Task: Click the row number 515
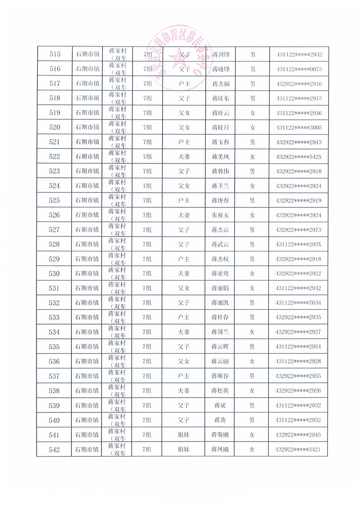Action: pos(54,54)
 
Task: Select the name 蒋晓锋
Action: pos(221,69)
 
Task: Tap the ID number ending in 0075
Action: pos(298,69)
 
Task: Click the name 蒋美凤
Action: pos(221,157)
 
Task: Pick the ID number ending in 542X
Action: pos(298,157)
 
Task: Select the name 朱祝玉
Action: pos(221,215)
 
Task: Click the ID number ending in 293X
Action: pos(298,245)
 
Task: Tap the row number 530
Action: pos(54,274)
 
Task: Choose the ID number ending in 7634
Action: pos(298,303)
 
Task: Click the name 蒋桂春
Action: pos(221,318)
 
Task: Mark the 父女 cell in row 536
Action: pos(184,362)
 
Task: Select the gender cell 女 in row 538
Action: pos(252,391)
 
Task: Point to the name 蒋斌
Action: pos(221,405)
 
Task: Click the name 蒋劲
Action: pos(221,420)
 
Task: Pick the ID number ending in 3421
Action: pos(298,449)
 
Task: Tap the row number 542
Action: pos(54,449)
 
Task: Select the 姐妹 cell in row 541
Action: pos(184,435)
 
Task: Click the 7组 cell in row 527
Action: pos(147,230)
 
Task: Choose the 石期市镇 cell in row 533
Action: pos(87,318)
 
